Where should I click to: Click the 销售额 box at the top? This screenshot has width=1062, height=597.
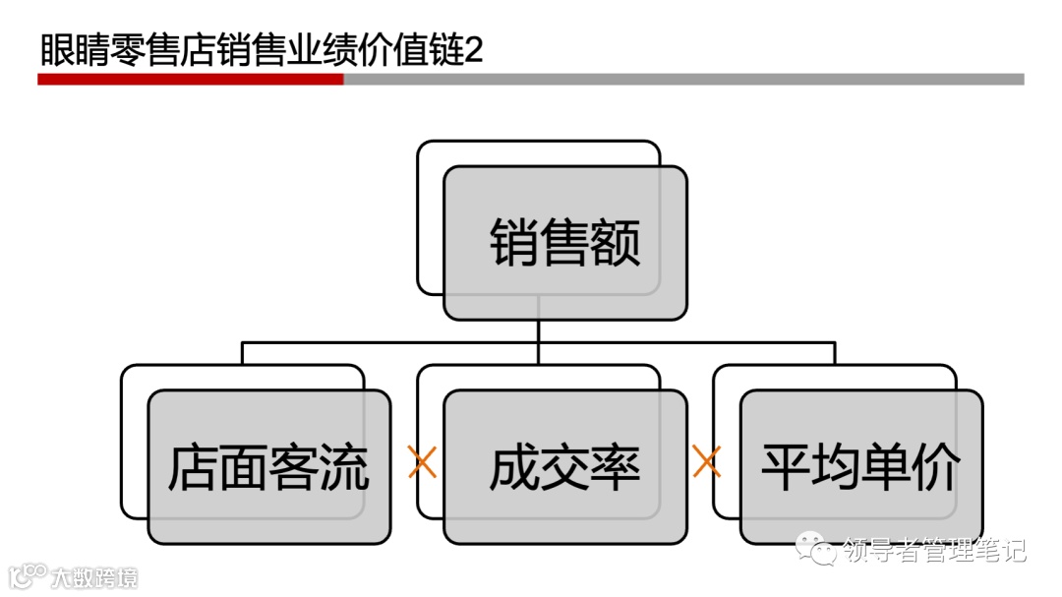tap(565, 243)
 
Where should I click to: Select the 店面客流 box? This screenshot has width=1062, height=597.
tap(268, 467)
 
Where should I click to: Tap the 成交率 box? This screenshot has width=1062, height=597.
tap(565, 467)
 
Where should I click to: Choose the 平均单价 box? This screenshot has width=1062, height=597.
tap(861, 467)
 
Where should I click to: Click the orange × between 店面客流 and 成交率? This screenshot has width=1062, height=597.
tap(422, 461)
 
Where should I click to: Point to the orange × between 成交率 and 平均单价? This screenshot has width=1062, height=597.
tap(706, 461)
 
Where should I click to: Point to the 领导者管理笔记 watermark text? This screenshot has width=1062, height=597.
tap(934, 551)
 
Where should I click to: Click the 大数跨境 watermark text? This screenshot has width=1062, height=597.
tap(95, 576)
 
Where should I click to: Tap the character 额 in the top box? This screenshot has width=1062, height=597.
tap(616, 243)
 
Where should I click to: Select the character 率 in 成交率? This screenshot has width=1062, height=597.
tap(616, 468)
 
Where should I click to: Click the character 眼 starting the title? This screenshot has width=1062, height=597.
tap(56, 50)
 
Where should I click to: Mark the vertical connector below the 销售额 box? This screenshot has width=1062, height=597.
tap(538, 331)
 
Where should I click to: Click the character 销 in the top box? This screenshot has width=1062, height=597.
tap(514, 243)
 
